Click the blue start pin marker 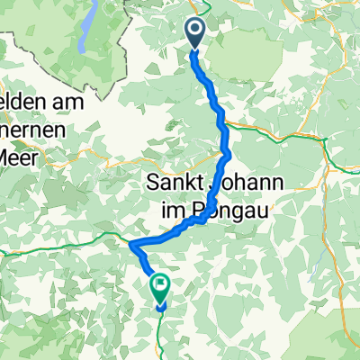tap(195, 33)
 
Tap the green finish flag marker tap(160, 288)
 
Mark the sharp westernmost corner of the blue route tap(131, 244)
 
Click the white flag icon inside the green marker tap(160, 287)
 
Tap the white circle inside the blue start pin tap(195, 30)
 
